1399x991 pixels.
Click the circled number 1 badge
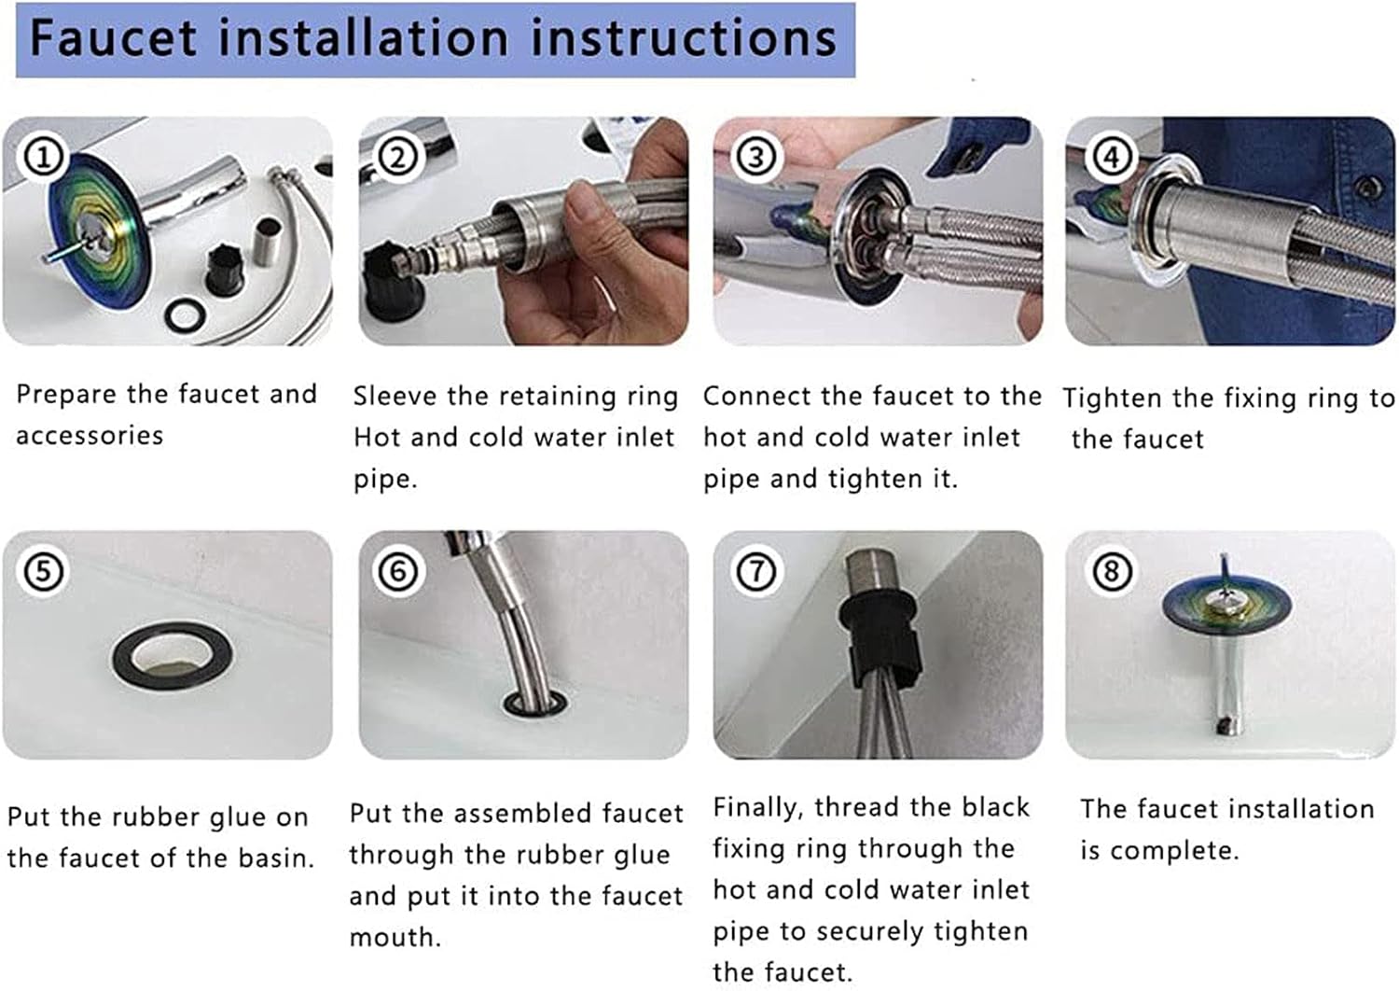pos(43,157)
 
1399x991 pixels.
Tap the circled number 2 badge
pos(398,157)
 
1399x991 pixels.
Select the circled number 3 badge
pos(756,157)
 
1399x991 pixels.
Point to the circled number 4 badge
pos(1111,157)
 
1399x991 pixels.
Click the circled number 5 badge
pos(43,571)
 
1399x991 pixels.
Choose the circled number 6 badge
pos(398,571)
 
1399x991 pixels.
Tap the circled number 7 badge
pos(756,571)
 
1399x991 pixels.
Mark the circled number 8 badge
pos(1111,571)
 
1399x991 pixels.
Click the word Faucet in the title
pos(114,38)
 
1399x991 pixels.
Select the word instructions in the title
pos(684,38)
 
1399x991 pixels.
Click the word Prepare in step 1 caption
pos(65,396)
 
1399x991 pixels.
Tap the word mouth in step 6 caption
pos(395,938)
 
